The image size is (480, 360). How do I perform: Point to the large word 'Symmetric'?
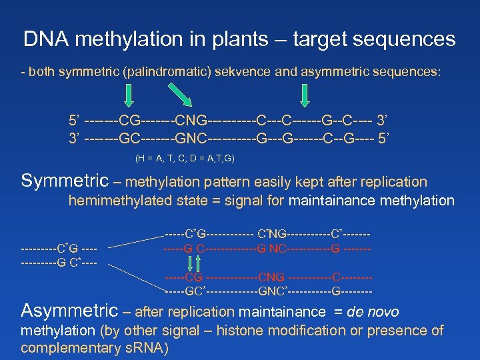65,181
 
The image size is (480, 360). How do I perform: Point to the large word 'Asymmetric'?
69,311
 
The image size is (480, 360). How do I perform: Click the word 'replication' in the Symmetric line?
393,181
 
